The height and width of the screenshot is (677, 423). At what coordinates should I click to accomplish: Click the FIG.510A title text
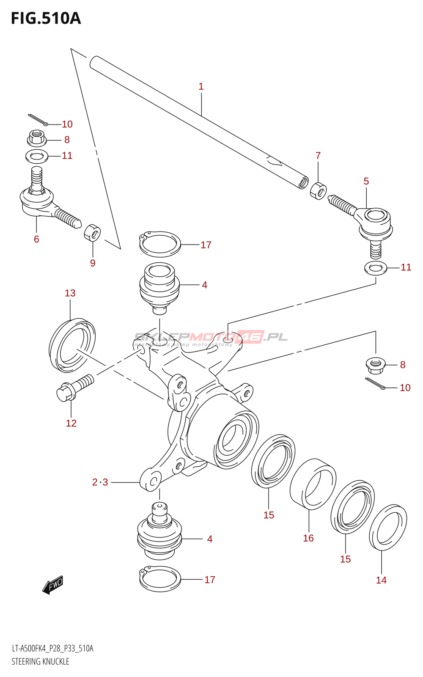point(46,19)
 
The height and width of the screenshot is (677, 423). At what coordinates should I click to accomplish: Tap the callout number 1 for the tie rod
point(201,87)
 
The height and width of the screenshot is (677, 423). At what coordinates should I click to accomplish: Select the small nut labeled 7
point(318,190)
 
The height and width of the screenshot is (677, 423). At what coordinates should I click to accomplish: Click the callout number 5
point(366,182)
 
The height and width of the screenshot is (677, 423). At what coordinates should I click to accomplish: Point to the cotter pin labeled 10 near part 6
point(38,120)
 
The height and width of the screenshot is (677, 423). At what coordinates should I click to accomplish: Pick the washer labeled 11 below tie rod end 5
point(375,268)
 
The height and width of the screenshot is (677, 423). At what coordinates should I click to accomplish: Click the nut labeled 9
point(93,233)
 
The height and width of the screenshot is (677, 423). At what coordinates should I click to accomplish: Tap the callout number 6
point(36,239)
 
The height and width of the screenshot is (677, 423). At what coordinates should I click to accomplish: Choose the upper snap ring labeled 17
point(160,245)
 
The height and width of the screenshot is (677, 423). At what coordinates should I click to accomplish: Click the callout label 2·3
point(100,482)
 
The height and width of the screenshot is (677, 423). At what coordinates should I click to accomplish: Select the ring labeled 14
point(388,527)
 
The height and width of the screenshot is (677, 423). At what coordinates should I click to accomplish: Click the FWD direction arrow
point(53,585)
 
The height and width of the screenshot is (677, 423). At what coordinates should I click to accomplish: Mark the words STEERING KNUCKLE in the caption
point(40,661)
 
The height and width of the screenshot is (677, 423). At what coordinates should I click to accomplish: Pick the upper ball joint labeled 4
point(159,288)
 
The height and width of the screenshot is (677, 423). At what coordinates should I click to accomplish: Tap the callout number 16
point(308,538)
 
